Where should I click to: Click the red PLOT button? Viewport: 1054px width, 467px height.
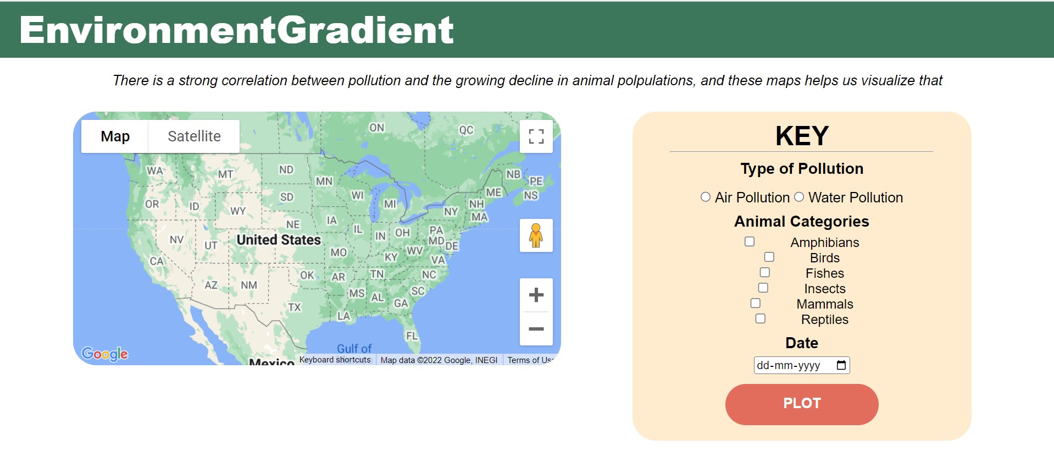click(802, 404)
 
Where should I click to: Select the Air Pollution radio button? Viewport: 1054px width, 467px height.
click(706, 197)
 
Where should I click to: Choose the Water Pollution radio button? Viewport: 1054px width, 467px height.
click(799, 197)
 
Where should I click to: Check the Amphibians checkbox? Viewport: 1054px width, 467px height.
click(750, 241)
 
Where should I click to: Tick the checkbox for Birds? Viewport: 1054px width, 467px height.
click(769, 257)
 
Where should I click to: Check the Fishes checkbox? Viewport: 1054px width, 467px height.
click(765, 272)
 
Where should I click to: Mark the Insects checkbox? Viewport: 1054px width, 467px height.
click(763, 288)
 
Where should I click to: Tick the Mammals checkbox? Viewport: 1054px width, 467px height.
click(756, 303)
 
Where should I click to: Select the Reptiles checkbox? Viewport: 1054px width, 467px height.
click(761, 318)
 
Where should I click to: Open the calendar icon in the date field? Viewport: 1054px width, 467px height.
click(841, 365)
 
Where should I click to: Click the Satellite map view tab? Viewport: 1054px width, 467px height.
click(194, 136)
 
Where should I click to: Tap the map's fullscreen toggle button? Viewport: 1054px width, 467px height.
click(536, 136)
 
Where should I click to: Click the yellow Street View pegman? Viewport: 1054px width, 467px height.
click(536, 235)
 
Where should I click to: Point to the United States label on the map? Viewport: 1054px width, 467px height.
click(279, 240)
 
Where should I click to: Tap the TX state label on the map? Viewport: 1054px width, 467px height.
click(295, 307)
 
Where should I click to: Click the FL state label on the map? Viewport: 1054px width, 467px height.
click(412, 336)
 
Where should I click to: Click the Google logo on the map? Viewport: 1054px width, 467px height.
click(104, 354)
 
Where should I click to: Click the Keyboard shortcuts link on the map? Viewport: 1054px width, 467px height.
click(335, 360)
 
